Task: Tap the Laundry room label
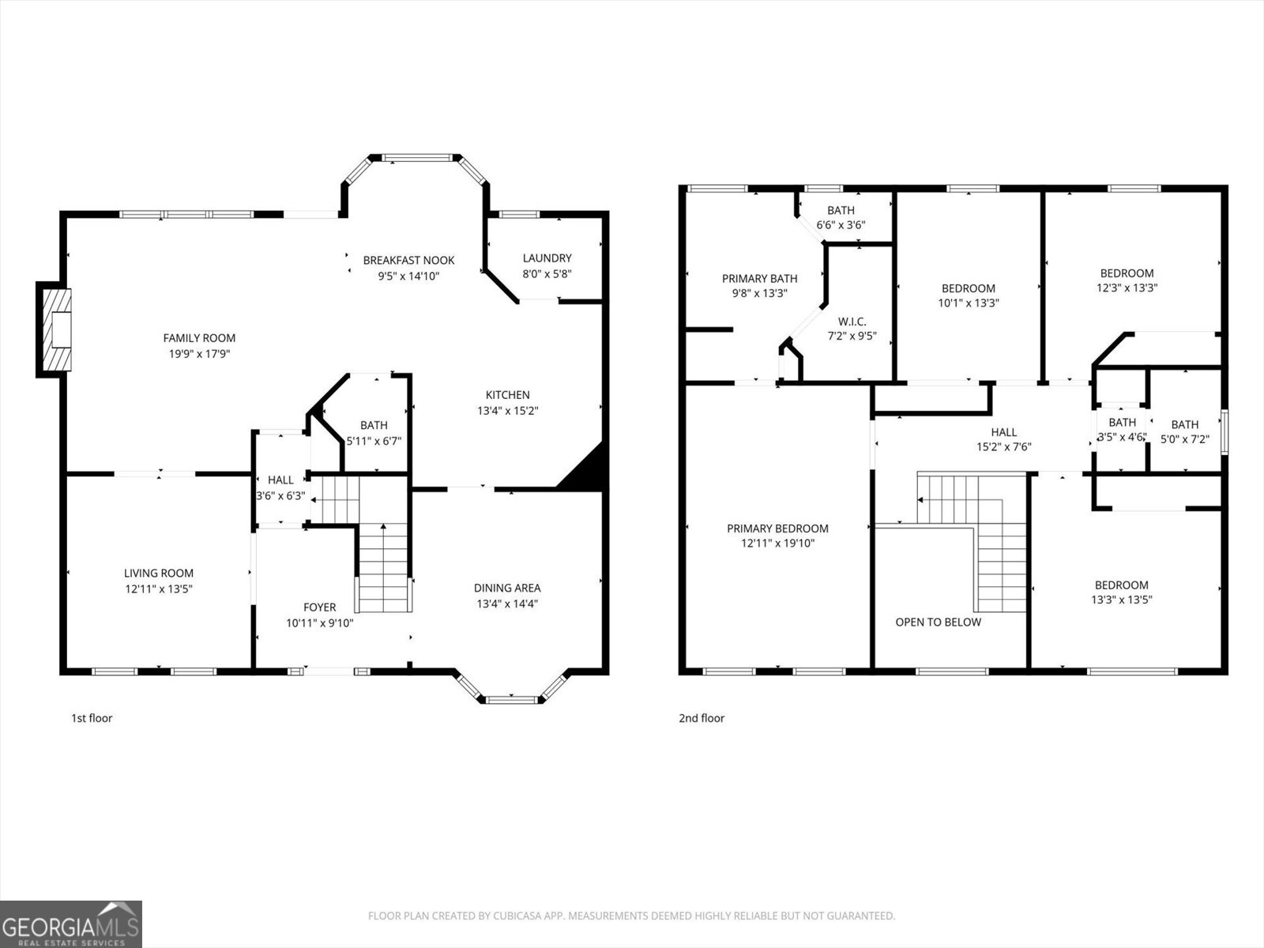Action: (x=547, y=258)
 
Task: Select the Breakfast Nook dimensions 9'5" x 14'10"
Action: (x=408, y=276)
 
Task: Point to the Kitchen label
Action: (x=507, y=395)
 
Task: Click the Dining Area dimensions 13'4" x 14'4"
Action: (x=507, y=604)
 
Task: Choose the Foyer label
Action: (x=320, y=608)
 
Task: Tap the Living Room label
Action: (x=158, y=573)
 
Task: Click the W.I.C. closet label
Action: (x=852, y=322)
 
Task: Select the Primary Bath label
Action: (x=759, y=279)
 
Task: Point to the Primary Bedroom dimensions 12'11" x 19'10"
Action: (x=777, y=543)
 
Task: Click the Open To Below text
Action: (x=938, y=622)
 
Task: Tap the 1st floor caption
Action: (x=92, y=718)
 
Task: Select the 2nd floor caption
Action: (x=702, y=718)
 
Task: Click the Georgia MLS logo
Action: (x=71, y=924)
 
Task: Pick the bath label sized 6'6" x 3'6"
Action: (x=841, y=210)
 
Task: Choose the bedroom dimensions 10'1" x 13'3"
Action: (x=968, y=303)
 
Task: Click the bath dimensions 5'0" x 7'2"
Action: (x=1184, y=439)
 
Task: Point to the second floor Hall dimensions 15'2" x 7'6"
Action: (x=1004, y=446)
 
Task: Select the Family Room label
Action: (x=199, y=338)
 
